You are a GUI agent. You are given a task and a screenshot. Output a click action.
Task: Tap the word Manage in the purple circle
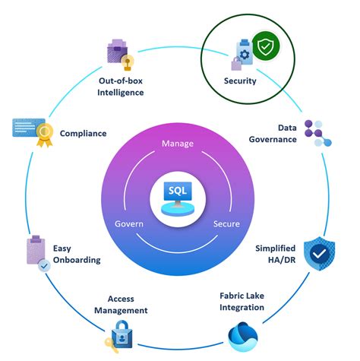click(179, 144)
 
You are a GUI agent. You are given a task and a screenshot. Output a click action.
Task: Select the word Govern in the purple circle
click(130, 224)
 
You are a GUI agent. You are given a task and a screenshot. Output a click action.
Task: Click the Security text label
click(240, 81)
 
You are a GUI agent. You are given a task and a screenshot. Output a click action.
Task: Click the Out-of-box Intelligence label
click(121, 87)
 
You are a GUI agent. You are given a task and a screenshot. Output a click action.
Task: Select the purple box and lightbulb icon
click(122, 53)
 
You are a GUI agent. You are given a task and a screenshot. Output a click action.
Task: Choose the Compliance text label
click(83, 134)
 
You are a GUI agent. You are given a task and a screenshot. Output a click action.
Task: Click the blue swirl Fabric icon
click(244, 335)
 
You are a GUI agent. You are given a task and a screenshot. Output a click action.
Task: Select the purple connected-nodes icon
click(317, 134)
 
